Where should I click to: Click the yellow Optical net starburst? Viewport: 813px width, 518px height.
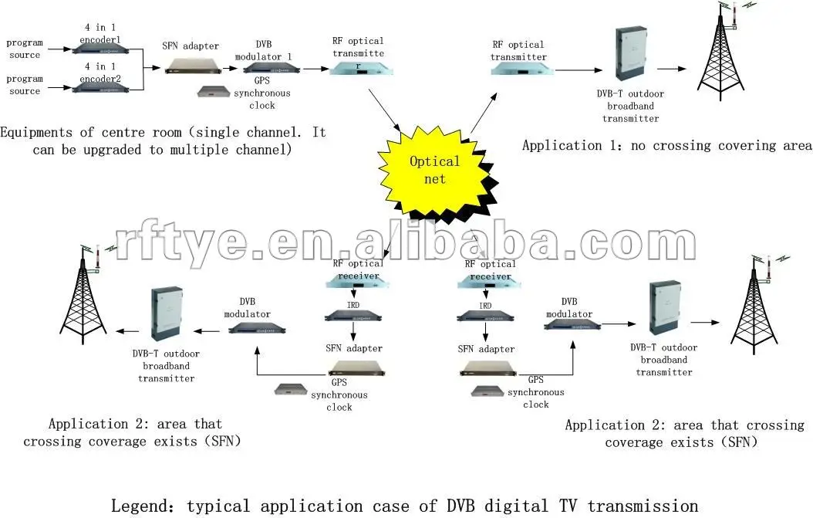pyautogui.click(x=434, y=172)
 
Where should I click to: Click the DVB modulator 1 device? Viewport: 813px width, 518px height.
pyautogui.click(x=273, y=68)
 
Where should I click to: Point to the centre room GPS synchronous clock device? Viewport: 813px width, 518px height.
pyautogui.click(x=218, y=91)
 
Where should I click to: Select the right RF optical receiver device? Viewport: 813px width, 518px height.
pyautogui.click(x=484, y=283)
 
